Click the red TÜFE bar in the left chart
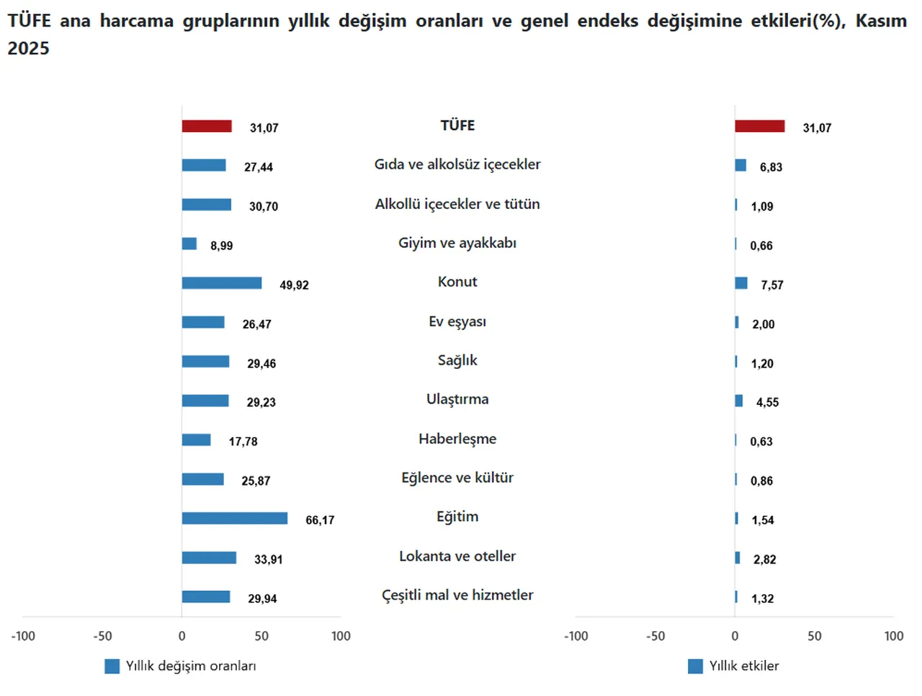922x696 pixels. pyautogui.click(x=207, y=126)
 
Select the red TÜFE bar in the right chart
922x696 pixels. pyautogui.click(x=759, y=126)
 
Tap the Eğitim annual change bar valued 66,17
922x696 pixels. pyautogui.click(x=234, y=519)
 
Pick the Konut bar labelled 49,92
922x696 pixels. pyautogui.click(x=221, y=283)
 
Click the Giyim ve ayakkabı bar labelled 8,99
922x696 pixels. pyautogui.click(x=189, y=244)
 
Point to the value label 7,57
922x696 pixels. pyautogui.click(x=771, y=285)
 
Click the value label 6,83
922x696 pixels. pyautogui.click(x=771, y=167)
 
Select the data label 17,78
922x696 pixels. pyautogui.click(x=243, y=442)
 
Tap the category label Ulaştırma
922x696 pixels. pyautogui.click(x=457, y=399)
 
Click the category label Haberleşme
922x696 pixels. pyautogui.click(x=457, y=439)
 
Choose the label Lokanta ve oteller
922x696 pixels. pyautogui.click(x=457, y=556)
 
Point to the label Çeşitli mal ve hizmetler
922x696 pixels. pyautogui.click(x=457, y=595)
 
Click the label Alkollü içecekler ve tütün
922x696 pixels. pyautogui.click(x=457, y=204)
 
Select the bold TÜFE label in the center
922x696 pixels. pyautogui.click(x=457, y=125)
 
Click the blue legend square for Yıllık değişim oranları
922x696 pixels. pyautogui.click(x=112, y=666)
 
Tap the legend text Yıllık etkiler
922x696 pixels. pyautogui.click(x=743, y=666)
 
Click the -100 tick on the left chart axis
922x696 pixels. pyautogui.click(x=23, y=636)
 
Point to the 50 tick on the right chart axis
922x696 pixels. pyautogui.click(x=814, y=636)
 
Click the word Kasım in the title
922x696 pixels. pyautogui.click(x=880, y=21)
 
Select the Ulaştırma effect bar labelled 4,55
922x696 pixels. pyautogui.click(x=738, y=401)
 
